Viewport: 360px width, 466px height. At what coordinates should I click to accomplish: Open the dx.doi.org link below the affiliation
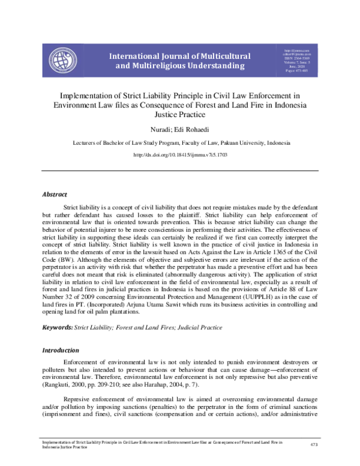click(x=179, y=155)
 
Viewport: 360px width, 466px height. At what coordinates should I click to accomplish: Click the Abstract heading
click(x=54, y=195)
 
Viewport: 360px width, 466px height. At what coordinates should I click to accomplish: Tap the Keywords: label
click(x=56, y=327)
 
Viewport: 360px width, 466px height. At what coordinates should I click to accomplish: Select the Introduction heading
click(x=61, y=350)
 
